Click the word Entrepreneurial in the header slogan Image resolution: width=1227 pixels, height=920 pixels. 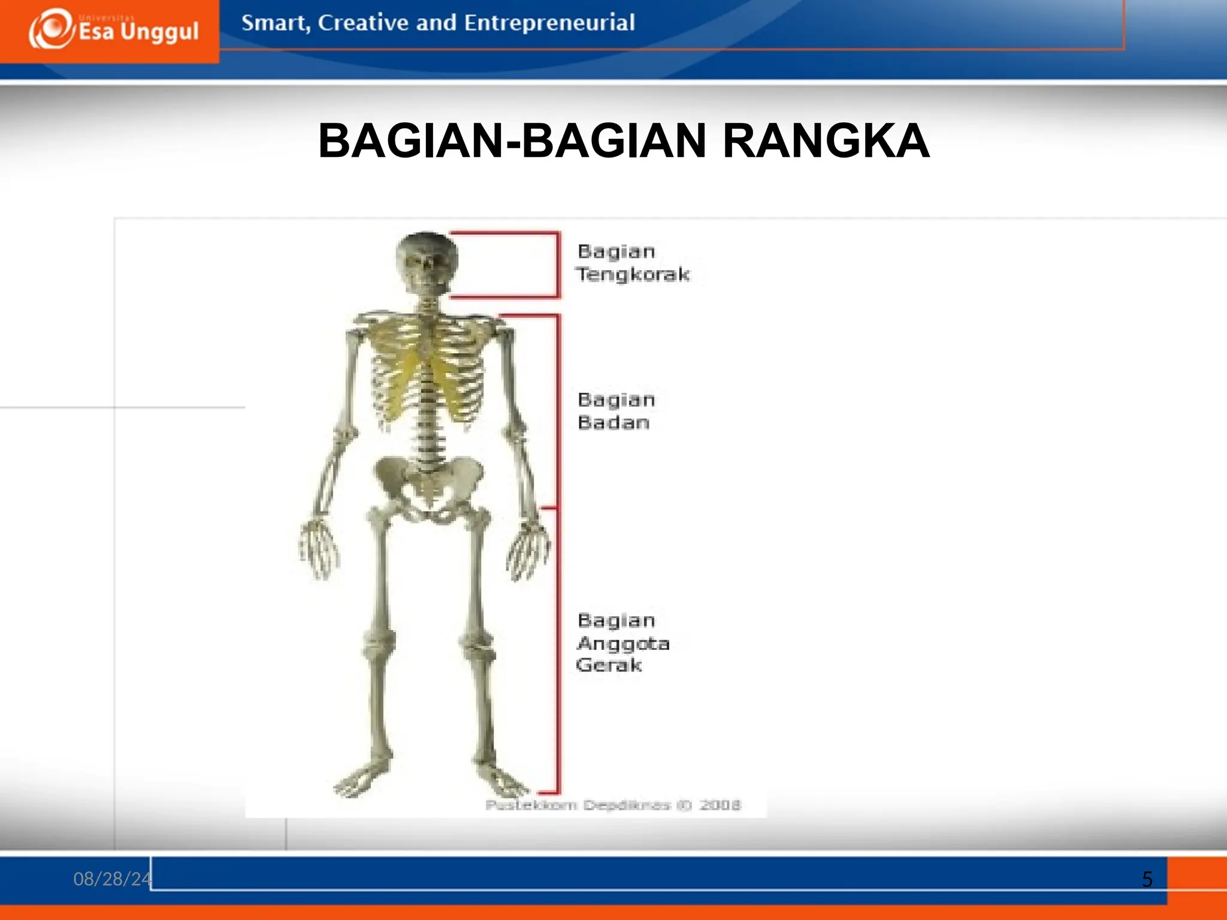549,23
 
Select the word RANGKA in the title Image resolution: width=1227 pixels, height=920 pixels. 826,141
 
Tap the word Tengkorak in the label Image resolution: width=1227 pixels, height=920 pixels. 633,274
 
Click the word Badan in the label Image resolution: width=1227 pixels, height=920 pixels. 613,423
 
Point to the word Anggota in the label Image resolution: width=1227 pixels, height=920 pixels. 623,643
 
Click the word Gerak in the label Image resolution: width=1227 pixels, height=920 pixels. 609,665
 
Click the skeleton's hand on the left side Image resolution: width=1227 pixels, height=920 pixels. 319,548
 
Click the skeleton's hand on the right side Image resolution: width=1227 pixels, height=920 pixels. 528,550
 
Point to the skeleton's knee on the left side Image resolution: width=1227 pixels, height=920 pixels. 379,644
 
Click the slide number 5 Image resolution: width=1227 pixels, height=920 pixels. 1147,879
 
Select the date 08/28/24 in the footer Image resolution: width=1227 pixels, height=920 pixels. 112,879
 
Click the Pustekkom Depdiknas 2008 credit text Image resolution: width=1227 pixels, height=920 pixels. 612,805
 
